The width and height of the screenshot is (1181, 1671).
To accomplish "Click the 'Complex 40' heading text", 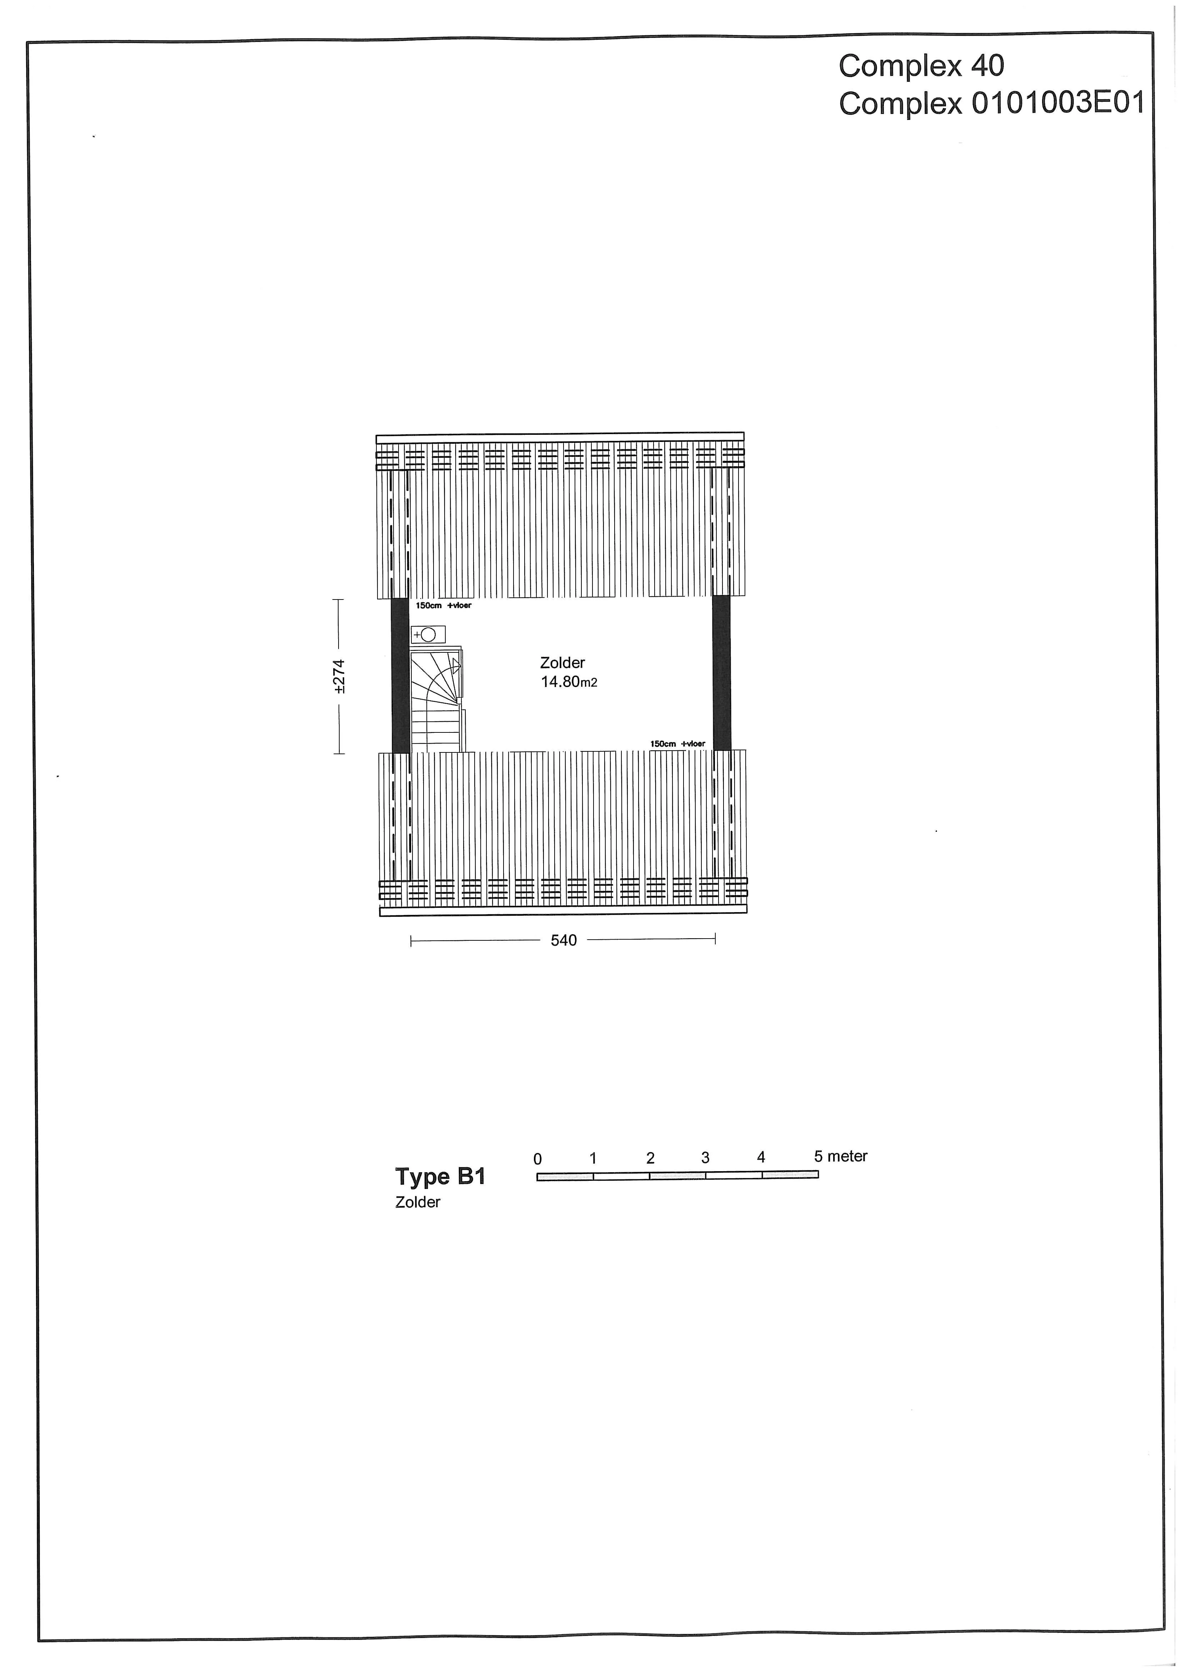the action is [x=921, y=66].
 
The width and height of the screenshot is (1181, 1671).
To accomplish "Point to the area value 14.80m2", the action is [x=569, y=682].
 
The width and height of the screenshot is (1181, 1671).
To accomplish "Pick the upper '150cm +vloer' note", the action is [x=443, y=606].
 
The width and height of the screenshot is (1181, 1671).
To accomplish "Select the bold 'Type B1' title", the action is [x=440, y=1177].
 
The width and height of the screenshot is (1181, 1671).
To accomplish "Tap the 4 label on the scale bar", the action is [x=761, y=1157].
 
